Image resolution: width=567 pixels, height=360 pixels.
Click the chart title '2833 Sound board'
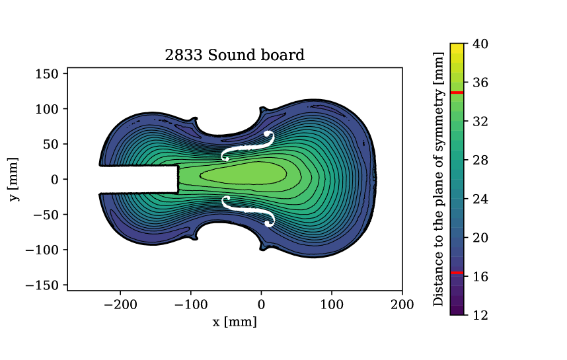click(x=235, y=55)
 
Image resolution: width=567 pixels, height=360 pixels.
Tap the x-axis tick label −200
click(x=120, y=305)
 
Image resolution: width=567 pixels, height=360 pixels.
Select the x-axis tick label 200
click(x=402, y=305)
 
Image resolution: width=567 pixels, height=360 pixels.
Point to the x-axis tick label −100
click(x=191, y=305)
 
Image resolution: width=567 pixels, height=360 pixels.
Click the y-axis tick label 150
click(x=47, y=74)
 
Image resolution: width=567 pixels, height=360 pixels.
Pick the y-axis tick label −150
click(x=42, y=285)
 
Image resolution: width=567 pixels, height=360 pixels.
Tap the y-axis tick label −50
click(x=46, y=215)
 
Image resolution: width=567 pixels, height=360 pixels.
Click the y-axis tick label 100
click(x=47, y=109)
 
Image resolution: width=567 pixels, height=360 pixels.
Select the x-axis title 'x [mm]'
click(x=235, y=322)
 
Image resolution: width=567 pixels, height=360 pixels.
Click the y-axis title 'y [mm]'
click(x=14, y=179)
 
